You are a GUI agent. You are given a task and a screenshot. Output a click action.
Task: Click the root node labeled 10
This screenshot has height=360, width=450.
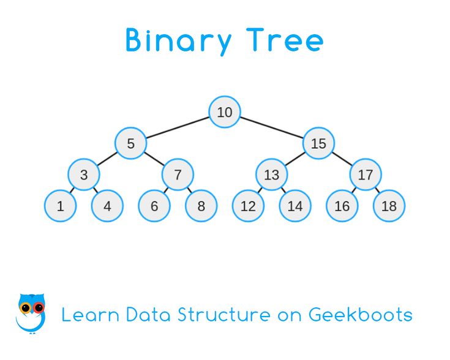click(x=225, y=112)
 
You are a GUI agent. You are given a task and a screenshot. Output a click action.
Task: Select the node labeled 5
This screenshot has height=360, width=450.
click(x=130, y=144)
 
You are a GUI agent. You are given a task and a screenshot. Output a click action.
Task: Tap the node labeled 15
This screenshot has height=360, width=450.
click(x=318, y=144)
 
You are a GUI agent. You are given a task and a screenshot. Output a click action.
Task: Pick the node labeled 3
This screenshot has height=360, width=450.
click(x=84, y=175)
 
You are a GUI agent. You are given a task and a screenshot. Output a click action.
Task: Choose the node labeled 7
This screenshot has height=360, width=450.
click(x=178, y=175)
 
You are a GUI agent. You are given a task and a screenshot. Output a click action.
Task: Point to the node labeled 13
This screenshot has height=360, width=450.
click(x=271, y=175)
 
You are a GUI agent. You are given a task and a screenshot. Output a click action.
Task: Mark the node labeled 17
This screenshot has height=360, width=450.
click(x=366, y=175)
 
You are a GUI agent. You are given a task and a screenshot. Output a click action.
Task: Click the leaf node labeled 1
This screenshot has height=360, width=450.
click(x=60, y=206)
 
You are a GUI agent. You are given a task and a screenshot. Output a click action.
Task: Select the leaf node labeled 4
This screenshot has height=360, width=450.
click(x=107, y=206)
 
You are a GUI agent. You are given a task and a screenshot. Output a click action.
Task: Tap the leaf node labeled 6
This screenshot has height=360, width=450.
click(x=154, y=206)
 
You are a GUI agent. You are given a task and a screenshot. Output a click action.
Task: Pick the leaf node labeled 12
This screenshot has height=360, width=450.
click(x=248, y=206)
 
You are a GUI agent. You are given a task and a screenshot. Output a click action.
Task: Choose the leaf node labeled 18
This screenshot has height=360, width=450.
click(x=389, y=206)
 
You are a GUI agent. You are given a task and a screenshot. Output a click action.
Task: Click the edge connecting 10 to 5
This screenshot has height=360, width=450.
click(x=178, y=128)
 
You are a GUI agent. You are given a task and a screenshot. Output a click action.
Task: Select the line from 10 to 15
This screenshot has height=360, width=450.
click(x=272, y=128)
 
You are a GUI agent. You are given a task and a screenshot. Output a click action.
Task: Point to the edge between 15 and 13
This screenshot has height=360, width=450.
click(x=295, y=159)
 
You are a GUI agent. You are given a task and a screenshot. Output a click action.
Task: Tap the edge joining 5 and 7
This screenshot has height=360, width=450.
click(x=154, y=159)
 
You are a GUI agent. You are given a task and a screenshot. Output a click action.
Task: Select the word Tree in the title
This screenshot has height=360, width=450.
click(x=287, y=40)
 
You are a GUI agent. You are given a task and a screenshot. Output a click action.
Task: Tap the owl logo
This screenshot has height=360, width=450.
click(x=31, y=312)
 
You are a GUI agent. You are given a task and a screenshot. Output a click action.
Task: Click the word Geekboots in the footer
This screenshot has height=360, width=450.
click(x=360, y=315)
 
